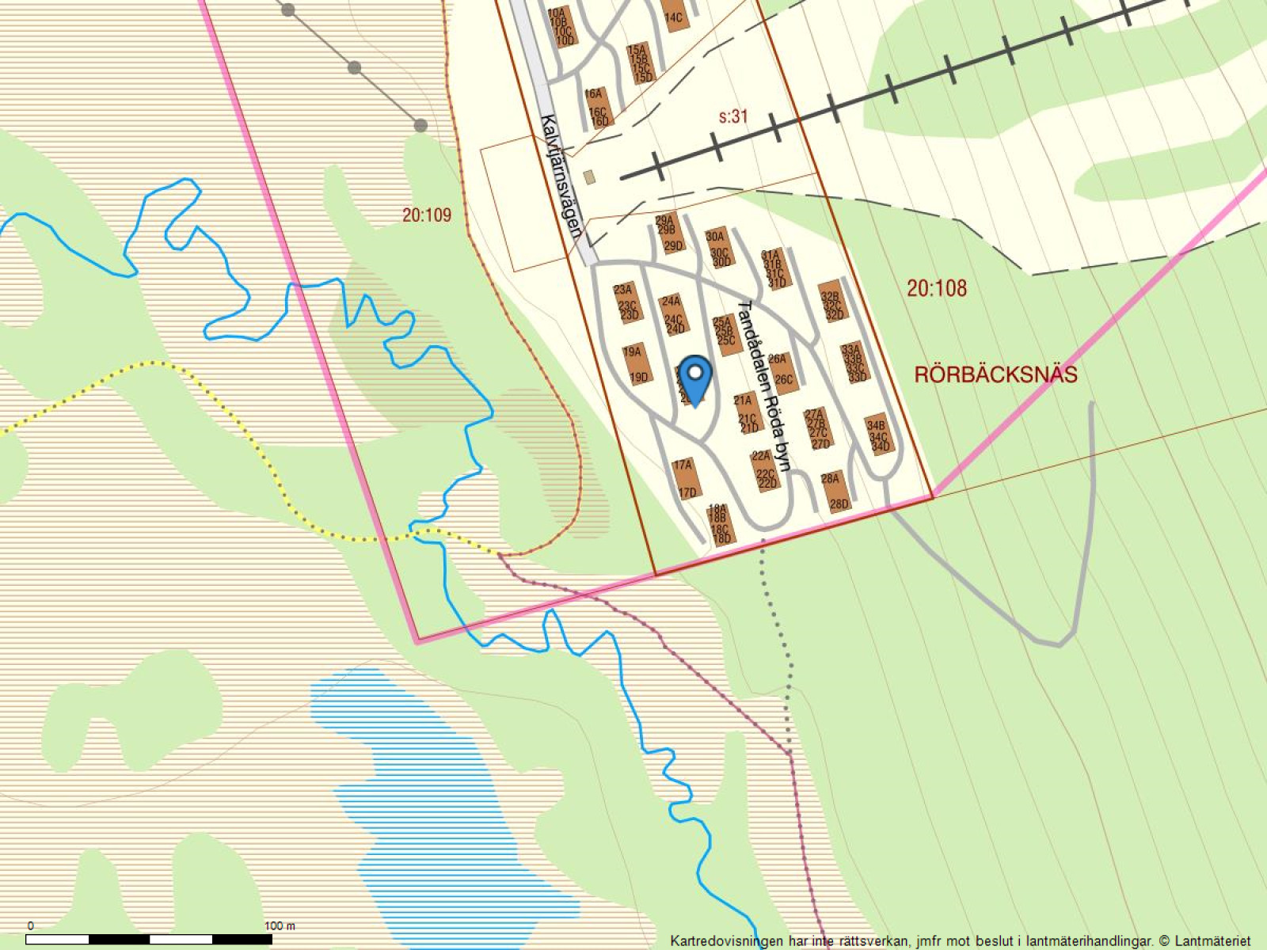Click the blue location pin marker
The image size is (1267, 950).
point(695,379)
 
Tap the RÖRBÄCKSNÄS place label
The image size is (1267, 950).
point(995,374)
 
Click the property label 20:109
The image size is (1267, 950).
point(426,215)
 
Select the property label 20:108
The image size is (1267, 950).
point(937,288)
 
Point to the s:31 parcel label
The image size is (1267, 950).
point(733,116)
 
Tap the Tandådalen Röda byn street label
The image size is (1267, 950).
point(763,386)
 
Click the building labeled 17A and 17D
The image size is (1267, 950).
point(686,479)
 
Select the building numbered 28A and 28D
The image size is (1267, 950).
point(836,492)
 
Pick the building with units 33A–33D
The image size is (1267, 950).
point(854,363)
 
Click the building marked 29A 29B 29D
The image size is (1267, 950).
point(670,234)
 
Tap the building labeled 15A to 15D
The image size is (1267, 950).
point(639,64)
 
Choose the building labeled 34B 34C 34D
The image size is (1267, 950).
point(878,435)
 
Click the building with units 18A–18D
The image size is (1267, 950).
point(720,524)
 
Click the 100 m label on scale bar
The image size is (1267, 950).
point(279,925)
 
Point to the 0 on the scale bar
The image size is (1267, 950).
point(31,925)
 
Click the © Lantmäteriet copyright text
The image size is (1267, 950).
point(1204,940)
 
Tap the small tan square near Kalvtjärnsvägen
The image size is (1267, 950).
point(588,177)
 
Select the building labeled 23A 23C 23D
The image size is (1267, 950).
point(626,302)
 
